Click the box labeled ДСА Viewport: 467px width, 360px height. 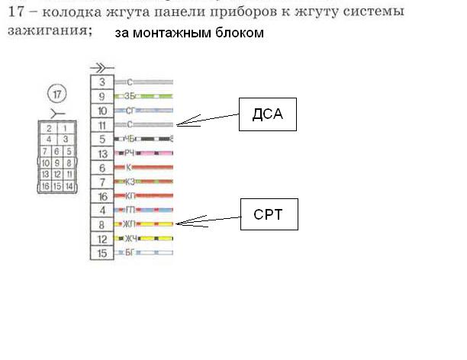(266, 115)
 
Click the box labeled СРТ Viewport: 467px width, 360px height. (267, 214)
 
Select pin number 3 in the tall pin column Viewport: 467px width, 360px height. (101, 81)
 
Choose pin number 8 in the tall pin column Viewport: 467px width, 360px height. (101, 224)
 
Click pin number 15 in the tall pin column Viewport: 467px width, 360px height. (101, 252)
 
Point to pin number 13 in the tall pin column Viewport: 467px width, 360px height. (101, 153)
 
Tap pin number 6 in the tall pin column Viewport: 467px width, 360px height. (101, 166)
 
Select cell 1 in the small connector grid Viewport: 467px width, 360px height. (66, 128)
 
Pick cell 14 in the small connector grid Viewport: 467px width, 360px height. (69, 186)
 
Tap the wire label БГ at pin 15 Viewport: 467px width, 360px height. (129, 252)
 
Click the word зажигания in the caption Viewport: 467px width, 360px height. (49, 30)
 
